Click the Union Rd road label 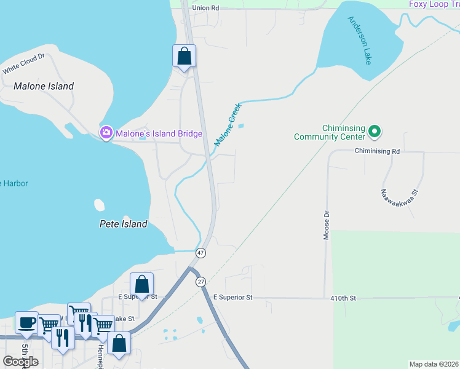(205, 8)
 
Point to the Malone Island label (44, 86)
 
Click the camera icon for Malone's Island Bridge (106, 133)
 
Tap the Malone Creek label (228, 124)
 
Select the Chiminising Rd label (378, 151)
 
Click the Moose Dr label (327, 225)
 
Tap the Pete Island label (124, 224)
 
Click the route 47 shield (200, 253)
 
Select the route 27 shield (200, 281)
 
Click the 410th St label (343, 298)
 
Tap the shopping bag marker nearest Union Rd (184, 56)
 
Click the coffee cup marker (26, 322)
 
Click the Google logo (20, 361)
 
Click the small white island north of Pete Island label (98, 204)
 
